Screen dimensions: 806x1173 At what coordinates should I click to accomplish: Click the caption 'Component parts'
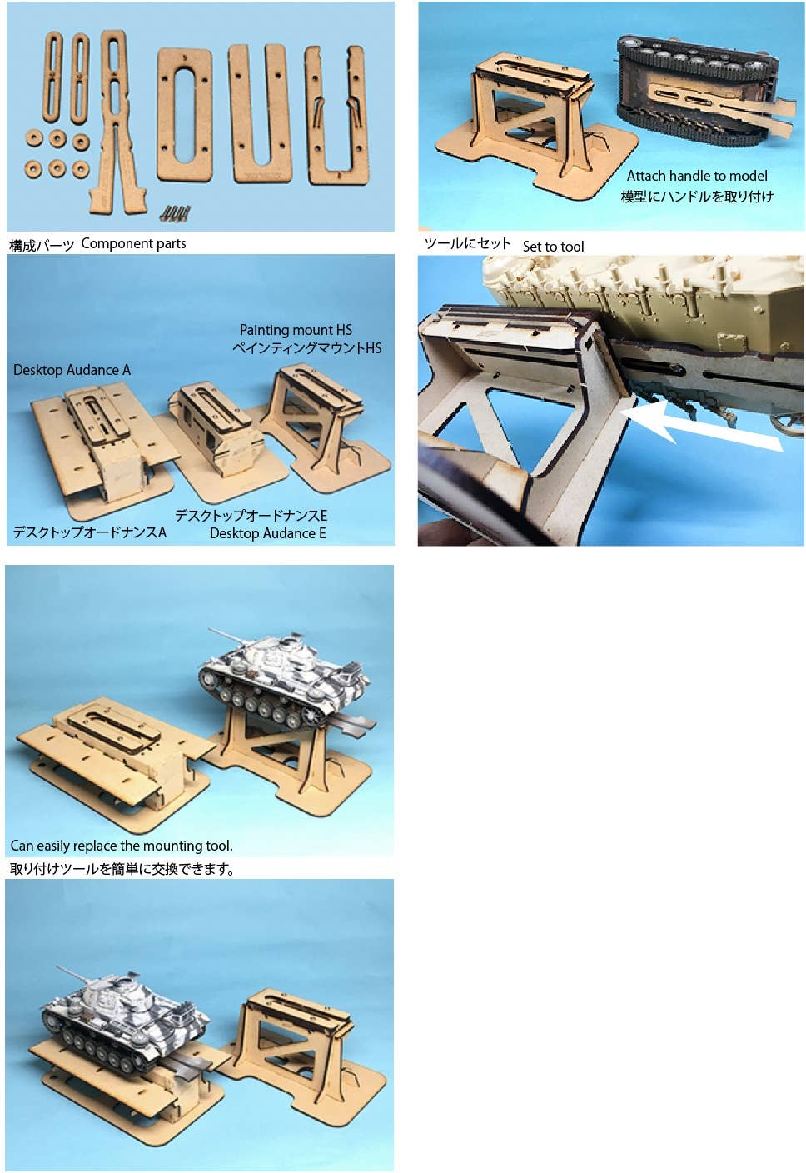coord(133,243)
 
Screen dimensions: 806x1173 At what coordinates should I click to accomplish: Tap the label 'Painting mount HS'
coord(296,330)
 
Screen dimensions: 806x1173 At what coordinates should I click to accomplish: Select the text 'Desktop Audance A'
coord(72,370)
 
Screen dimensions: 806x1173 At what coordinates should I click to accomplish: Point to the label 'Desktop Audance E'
coord(267,533)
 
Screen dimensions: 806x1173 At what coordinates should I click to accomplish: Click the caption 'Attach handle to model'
coord(697,176)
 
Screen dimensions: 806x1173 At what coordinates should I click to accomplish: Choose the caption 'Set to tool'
coord(553,246)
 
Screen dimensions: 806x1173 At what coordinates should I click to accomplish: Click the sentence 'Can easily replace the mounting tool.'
coord(122,846)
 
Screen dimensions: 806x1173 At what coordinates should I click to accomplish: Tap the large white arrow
coord(701,426)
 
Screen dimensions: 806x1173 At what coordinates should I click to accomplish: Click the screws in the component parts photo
coord(176,212)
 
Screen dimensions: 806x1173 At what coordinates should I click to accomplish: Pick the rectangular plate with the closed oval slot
coord(184,115)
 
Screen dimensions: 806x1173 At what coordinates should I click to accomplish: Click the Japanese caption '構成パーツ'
coord(42,246)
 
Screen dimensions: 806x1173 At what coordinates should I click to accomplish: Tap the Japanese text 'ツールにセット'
coord(467,243)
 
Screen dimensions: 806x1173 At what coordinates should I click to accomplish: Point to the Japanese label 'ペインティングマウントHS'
coord(307,348)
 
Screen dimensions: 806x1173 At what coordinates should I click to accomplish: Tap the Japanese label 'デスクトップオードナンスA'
coord(89,532)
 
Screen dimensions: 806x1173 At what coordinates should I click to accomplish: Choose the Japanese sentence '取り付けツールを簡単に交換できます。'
coord(122,869)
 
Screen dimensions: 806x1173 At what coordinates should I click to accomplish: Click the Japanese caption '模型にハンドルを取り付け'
coord(697,197)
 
